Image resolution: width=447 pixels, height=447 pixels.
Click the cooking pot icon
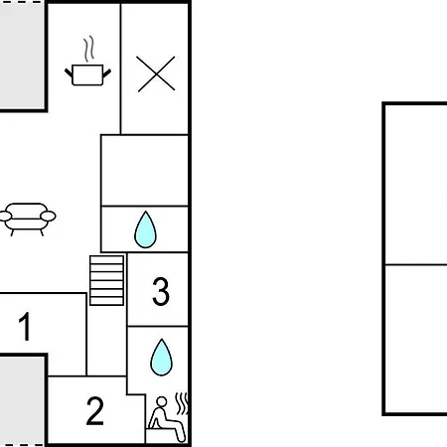click(87, 74)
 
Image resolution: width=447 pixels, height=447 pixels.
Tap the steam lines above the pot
click(88, 49)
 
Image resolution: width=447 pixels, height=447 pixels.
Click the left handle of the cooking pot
click(69, 73)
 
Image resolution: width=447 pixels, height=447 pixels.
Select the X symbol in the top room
click(156, 74)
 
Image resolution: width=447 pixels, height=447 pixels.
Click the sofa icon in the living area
click(27, 219)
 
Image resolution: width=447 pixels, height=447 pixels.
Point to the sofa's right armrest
click(49, 216)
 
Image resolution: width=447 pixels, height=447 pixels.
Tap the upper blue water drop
click(145, 229)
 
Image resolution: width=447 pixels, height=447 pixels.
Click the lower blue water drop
click(161, 358)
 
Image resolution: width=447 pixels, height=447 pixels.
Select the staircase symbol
click(106, 280)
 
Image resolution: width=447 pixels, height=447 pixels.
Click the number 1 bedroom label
click(25, 327)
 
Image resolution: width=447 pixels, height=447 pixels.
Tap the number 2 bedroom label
click(95, 411)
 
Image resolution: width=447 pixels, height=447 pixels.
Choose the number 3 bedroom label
click(161, 291)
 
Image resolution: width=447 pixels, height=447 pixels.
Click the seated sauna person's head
click(162, 401)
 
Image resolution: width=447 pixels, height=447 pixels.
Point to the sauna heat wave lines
click(182, 403)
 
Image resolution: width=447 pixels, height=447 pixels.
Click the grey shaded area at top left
click(22, 56)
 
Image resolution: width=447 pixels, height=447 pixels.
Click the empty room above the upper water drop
click(145, 170)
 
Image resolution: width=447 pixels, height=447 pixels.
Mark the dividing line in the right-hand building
click(416, 264)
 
